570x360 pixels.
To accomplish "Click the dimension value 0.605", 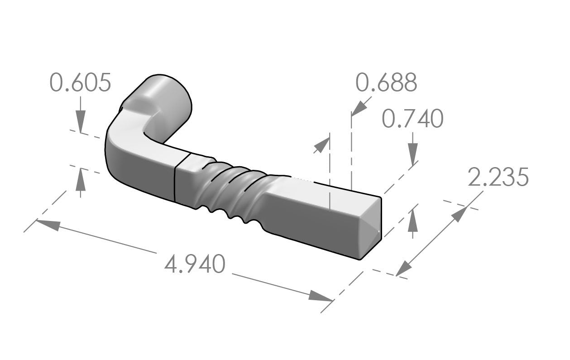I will (80, 83).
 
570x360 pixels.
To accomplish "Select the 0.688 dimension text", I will (386, 83).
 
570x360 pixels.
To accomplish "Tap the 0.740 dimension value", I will (412, 120).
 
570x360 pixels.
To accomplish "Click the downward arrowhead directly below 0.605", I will (80, 125).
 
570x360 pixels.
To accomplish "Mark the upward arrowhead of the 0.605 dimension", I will (80, 177).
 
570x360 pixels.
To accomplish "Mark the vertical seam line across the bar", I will (175, 179).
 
